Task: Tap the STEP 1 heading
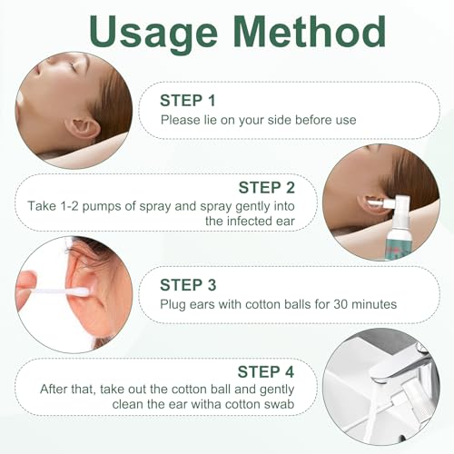click(x=188, y=101)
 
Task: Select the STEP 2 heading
click(x=266, y=188)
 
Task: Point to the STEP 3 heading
click(x=188, y=285)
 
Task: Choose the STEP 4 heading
click(x=266, y=371)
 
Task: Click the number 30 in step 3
click(x=340, y=304)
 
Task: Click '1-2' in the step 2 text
click(x=70, y=206)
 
